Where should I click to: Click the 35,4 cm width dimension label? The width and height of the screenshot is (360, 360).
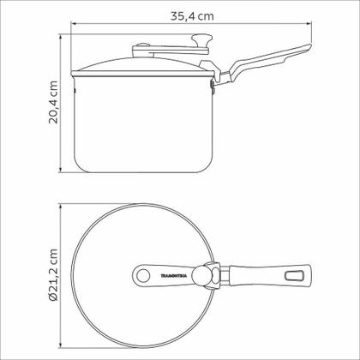[x=192, y=16]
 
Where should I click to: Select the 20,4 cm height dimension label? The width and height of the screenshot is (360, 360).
[x=53, y=102]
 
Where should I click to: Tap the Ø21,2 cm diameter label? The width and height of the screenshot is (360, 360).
[x=53, y=275]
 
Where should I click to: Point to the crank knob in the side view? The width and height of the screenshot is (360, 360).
[x=202, y=40]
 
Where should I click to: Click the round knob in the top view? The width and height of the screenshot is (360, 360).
[x=201, y=275]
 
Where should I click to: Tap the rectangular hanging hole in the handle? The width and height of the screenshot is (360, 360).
[x=294, y=275]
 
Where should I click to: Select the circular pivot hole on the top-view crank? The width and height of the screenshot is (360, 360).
[x=143, y=276]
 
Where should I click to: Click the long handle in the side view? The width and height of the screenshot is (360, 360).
[x=266, y=63]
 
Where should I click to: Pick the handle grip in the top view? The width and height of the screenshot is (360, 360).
[x=270, y=275]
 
